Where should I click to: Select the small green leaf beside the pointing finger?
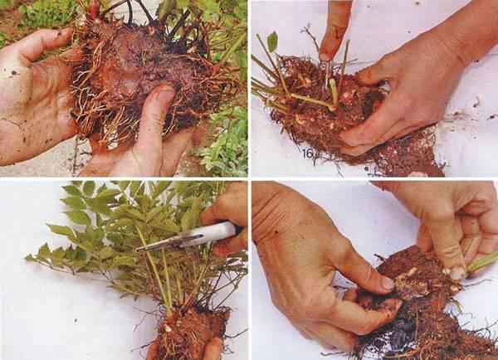pyautogui.click(x=272, y=41)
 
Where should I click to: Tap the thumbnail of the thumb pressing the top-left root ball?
pyautogui.click(x=163, y=96)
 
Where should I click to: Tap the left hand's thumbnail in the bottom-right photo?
pyautogui.click(x=387, y=283)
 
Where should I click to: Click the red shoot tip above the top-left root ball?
pyautogui.click(x=94, y=8)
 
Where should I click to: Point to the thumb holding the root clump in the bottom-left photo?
pyautogui.click(x=212, y=348)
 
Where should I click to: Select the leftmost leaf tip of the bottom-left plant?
pyautogui.click(x=26, y=258)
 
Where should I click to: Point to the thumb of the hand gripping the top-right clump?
pyautogui.click(x=365, y=133)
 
